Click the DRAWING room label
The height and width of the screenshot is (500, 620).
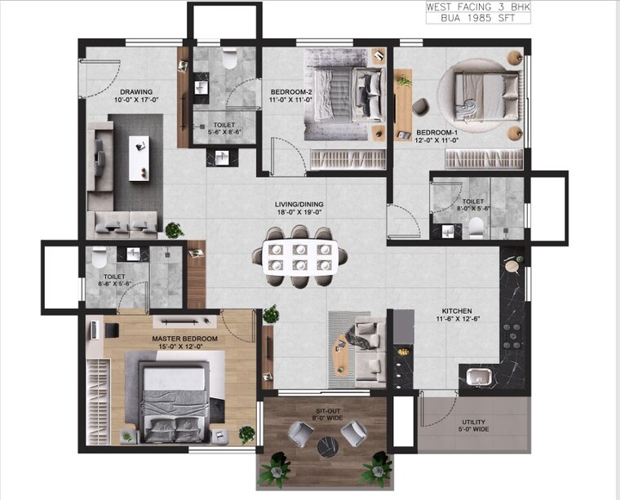coord(131,91)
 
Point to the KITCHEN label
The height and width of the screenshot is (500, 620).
coord(456,312)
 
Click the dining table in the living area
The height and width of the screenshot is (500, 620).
coord(299,259)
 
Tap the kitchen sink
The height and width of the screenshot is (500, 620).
coord(476,378)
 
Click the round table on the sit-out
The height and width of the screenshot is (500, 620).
coord(327,445)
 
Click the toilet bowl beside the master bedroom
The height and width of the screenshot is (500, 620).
coord(100,259)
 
